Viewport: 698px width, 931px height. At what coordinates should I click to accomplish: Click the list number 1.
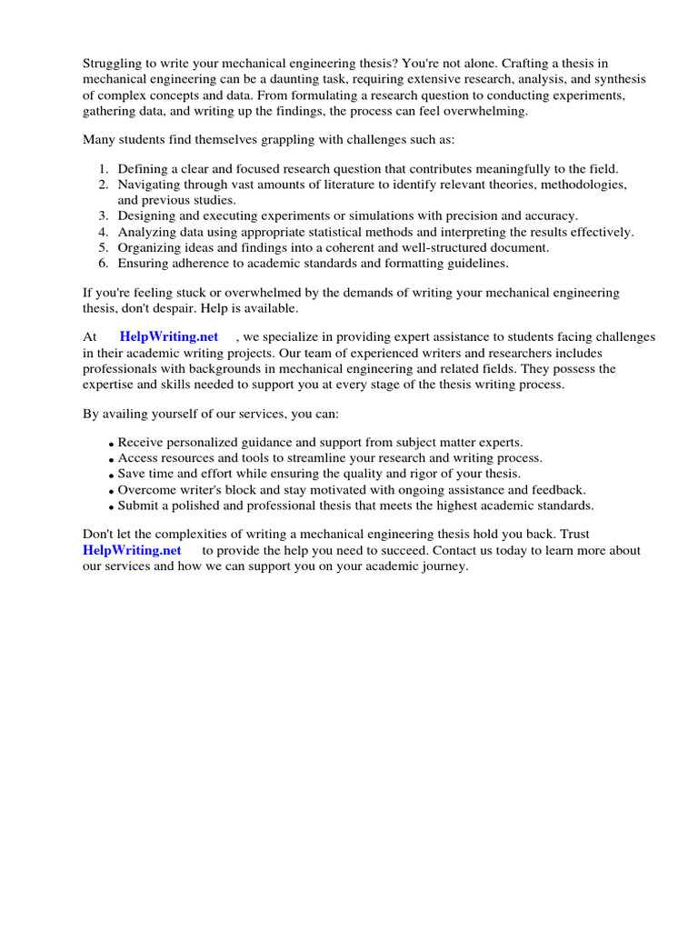click(104, 168)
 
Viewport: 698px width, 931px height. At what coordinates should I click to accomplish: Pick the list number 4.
click(104, 232)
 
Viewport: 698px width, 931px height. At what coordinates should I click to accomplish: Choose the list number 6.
click(104, 264)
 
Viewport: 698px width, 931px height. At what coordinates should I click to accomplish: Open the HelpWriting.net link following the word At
click(169, 336)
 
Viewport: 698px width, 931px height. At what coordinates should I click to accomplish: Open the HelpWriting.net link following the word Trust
click(132, 550)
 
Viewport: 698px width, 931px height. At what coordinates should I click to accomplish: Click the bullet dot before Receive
click(112, 444)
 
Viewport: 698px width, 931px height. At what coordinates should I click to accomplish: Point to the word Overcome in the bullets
click(146, 489)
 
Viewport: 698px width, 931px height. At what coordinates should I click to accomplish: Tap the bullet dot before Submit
click(112, 506)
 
